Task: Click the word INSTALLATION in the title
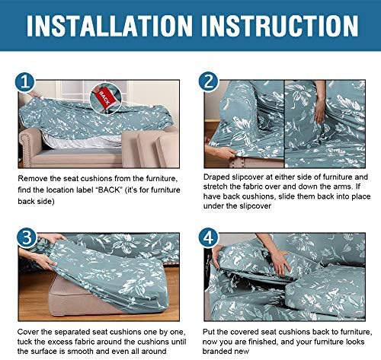click(110, 26)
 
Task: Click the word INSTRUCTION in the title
click(280, 26)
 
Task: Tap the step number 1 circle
click(25, 82)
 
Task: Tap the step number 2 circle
click(209, 82)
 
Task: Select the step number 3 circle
click(27, 237)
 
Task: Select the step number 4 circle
click(209, 237)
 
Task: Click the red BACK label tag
click(104, 98)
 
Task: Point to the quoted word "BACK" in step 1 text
click(110, 190)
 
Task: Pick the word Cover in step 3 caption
click(27, 332)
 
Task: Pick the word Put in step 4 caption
click(208, 332)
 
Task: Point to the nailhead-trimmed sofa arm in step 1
click(28, 148)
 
